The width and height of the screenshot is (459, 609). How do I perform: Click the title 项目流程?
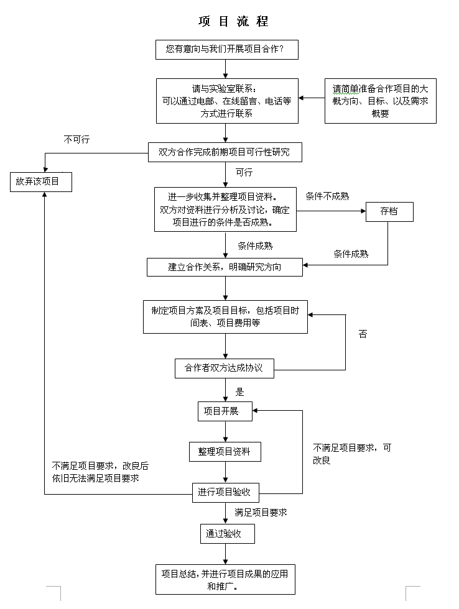point(233,22)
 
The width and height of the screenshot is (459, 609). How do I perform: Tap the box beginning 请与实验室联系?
point(226,101)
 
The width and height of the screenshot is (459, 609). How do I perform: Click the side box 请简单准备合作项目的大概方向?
point(380,101)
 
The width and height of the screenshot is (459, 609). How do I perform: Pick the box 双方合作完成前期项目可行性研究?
point(225,152)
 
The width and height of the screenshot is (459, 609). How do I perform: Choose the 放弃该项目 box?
point(41,181)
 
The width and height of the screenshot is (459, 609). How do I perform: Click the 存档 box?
point(389,212)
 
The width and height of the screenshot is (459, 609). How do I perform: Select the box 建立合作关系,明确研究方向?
point(225,267)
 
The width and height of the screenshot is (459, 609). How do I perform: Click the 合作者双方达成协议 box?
point(224,368)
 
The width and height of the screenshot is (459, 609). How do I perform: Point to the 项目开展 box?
point(225,411)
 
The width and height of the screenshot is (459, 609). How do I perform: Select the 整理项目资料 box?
point(225,452)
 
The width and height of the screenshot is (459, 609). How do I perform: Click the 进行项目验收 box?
point(225,493)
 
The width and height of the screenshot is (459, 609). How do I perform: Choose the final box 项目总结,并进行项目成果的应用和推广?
point(225,580)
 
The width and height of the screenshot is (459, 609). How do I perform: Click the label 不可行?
point(76,140)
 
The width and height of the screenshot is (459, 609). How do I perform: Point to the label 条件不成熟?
point(327,196)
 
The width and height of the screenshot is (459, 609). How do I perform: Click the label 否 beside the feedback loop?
point(363,334)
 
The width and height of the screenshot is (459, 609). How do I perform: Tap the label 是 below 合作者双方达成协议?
point(240,392)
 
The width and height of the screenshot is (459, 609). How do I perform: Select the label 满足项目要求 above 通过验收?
point(261,513)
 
